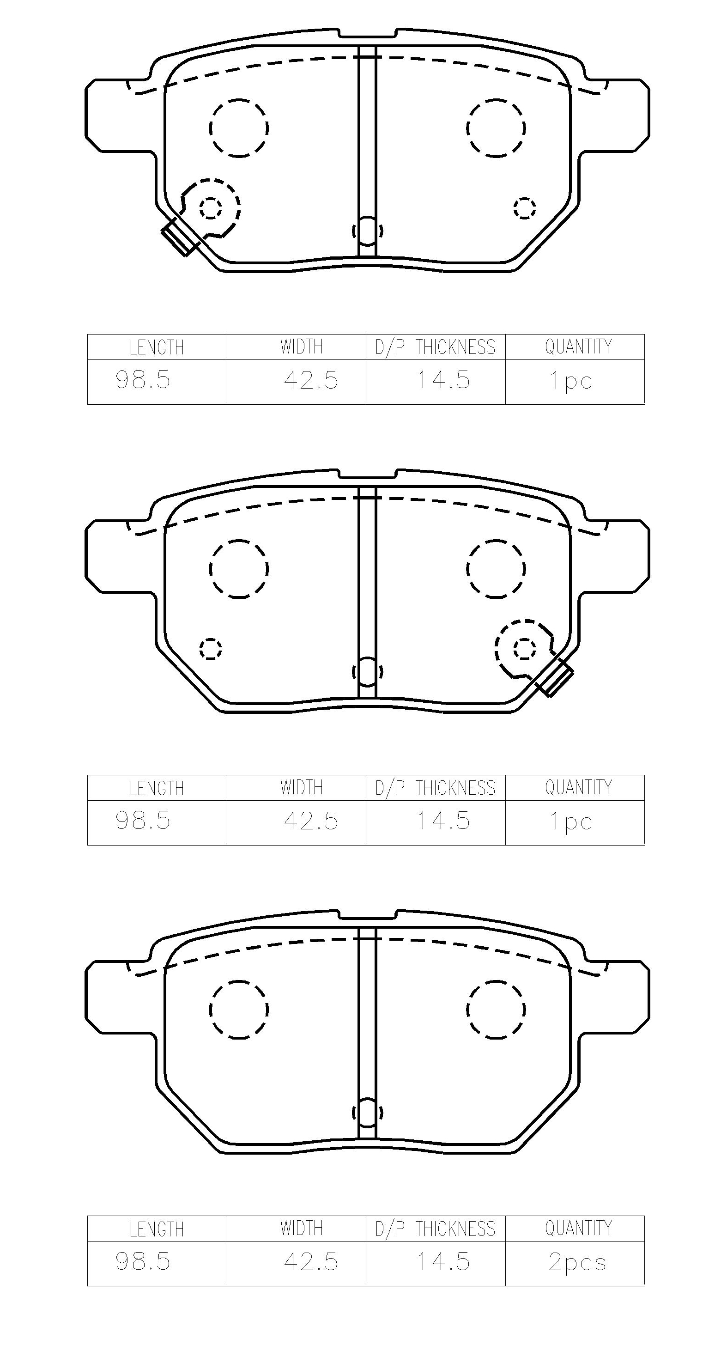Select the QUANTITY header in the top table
(x=578, y=347)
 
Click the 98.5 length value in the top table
(x=143, y=379)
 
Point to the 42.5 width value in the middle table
(x=311, y=821)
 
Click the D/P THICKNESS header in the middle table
(x=436, y=788)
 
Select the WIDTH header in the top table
(x=301, y=347)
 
